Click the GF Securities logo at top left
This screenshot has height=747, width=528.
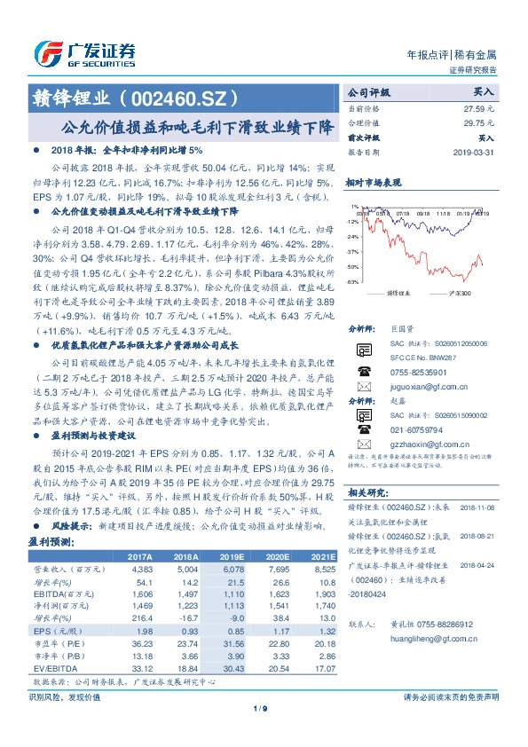(x=84, y=52)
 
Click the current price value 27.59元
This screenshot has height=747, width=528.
(x=478, y=108)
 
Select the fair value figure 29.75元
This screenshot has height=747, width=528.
(x=478, y=123)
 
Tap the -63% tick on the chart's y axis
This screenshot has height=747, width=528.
(x=353, y=281)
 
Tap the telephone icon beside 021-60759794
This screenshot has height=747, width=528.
(x=362, y=426)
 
